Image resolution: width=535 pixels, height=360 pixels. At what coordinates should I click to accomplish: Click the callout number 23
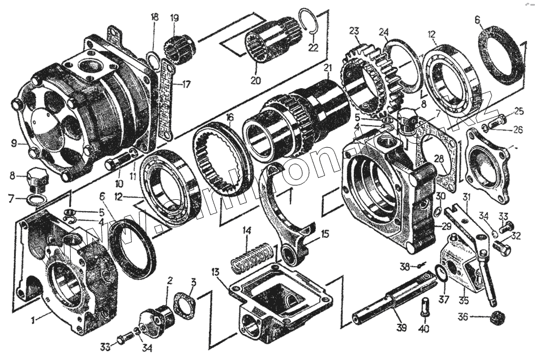354,31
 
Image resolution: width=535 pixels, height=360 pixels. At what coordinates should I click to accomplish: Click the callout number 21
327,69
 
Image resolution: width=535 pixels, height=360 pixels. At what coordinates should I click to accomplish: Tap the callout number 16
229,118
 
